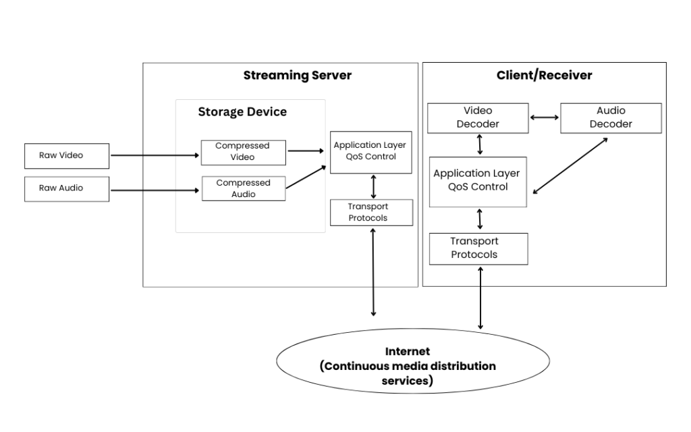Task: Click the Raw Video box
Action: coord(66,155)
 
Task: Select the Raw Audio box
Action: coord(66,189)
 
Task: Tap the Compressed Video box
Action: coord(243,152)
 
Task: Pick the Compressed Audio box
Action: coord(244,188)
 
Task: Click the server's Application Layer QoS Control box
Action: coord(370,152)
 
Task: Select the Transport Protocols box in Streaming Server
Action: coord(371,213)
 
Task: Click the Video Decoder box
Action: coord(478,117)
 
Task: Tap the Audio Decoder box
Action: coord(611,117)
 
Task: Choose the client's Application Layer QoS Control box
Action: coord(477,181)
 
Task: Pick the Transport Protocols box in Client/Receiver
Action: coord(478,248)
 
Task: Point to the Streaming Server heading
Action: coord(297,75)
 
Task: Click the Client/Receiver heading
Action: coord(544,75)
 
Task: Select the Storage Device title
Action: coord(242,111)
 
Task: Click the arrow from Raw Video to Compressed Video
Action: coord(155,155)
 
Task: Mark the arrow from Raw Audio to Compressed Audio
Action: coord(155,190)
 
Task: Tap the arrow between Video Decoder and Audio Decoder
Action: coord(545,117)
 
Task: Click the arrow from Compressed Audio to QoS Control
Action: coord(307,177)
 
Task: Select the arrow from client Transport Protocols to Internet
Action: coord(480,297)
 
